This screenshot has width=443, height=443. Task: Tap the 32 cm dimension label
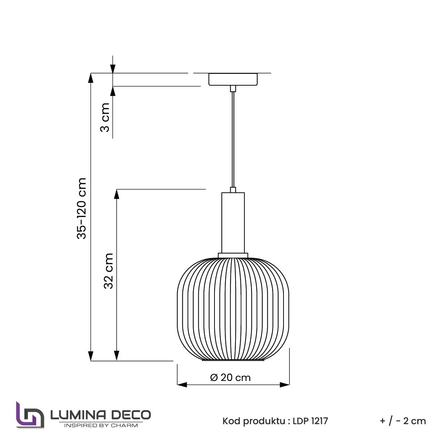[108, 271]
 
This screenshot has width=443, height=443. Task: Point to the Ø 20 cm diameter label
[230, 377]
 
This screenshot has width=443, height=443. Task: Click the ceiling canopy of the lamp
[233, 79]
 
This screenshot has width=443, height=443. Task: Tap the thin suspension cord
[233, 140]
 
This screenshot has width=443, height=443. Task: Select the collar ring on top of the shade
[233, 255]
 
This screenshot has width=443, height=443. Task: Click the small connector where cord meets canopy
[233, 89]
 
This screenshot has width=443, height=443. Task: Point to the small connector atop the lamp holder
[233, 190]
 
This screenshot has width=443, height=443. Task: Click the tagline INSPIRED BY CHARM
[100, 425]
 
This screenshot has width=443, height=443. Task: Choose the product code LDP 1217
[309, 421]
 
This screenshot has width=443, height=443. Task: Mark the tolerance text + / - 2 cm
[403, 421]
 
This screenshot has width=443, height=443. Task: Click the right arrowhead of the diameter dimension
[285, 385]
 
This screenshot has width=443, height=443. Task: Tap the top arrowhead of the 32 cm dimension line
[117, 193]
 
